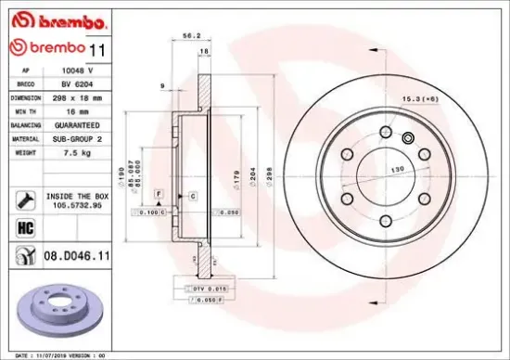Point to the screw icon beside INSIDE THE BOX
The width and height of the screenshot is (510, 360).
click(x=23, y=198)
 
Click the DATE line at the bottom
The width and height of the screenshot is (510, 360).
click(x=56, y=354)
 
